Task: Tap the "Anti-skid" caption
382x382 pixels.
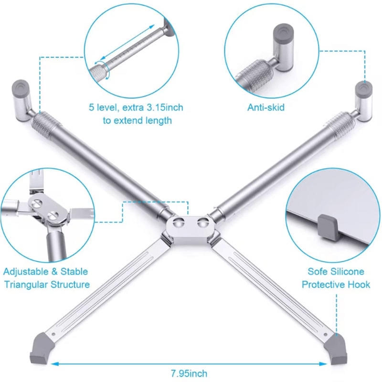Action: pyautogui.click(x=265, y=107)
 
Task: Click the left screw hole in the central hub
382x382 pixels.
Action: pyautogui.click(x=180, y=223)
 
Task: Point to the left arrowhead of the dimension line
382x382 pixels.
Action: pyautogui.click(x=54, y=364)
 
